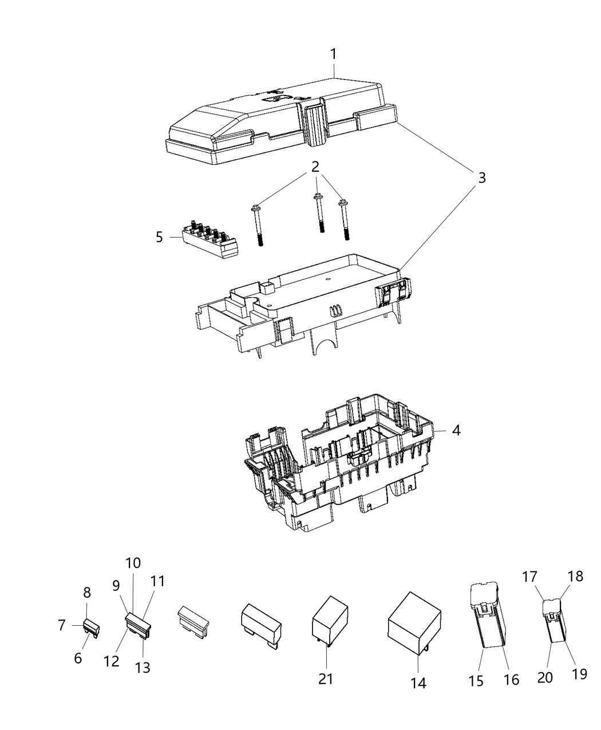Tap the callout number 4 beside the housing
tap(456, 429)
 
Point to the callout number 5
tap(159, 236)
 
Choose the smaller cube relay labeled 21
tap(330, 621)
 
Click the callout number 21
tap(325, 678)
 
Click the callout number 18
tap(576, 577)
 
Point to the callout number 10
tap(133, 563)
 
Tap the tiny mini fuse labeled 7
tap(92, 628)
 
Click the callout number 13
tap(143, 667)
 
